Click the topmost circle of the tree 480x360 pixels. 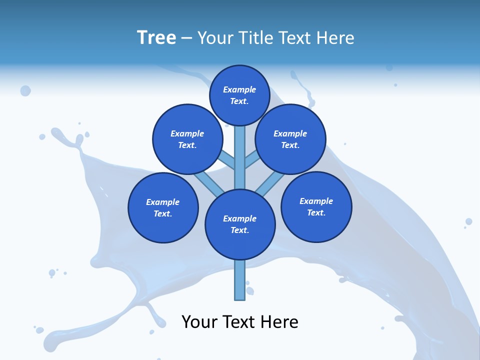click(x=239, y=95)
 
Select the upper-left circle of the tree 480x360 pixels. click(x=187, y=139)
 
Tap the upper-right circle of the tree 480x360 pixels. click(x=290, y=139)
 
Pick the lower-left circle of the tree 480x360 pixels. click(x=163, y=207)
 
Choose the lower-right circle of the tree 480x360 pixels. click(x=316, y=206)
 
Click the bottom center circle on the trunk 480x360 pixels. click(x=240, y=224)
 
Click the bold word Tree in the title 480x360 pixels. click(x=156, y=37)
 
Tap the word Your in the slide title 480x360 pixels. click(x=215, y=37)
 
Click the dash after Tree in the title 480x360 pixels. click(x=187, y=38)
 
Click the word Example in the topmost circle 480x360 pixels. click(x=239, y=89)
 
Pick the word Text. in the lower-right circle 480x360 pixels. click(x=316, y=212)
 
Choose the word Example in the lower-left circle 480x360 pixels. click(x=162, y=202)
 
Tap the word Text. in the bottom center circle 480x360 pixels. click(x=239, y=230)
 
